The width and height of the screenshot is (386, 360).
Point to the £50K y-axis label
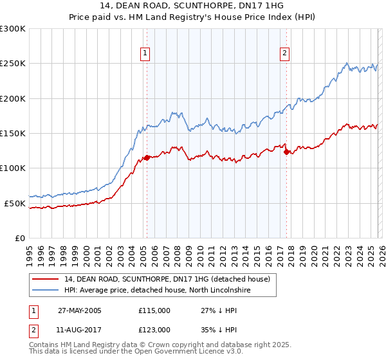coord(15,203)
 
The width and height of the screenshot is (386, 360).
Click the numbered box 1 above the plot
coord(146,54)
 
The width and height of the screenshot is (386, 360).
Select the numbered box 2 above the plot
coord(284,54)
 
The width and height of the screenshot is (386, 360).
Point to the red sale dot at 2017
coord(286,152)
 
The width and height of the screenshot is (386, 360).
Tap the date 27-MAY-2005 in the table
coord(80,310)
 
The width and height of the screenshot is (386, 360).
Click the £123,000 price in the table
coord(154,330)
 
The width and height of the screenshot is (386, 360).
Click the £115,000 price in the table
coord(154,310)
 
